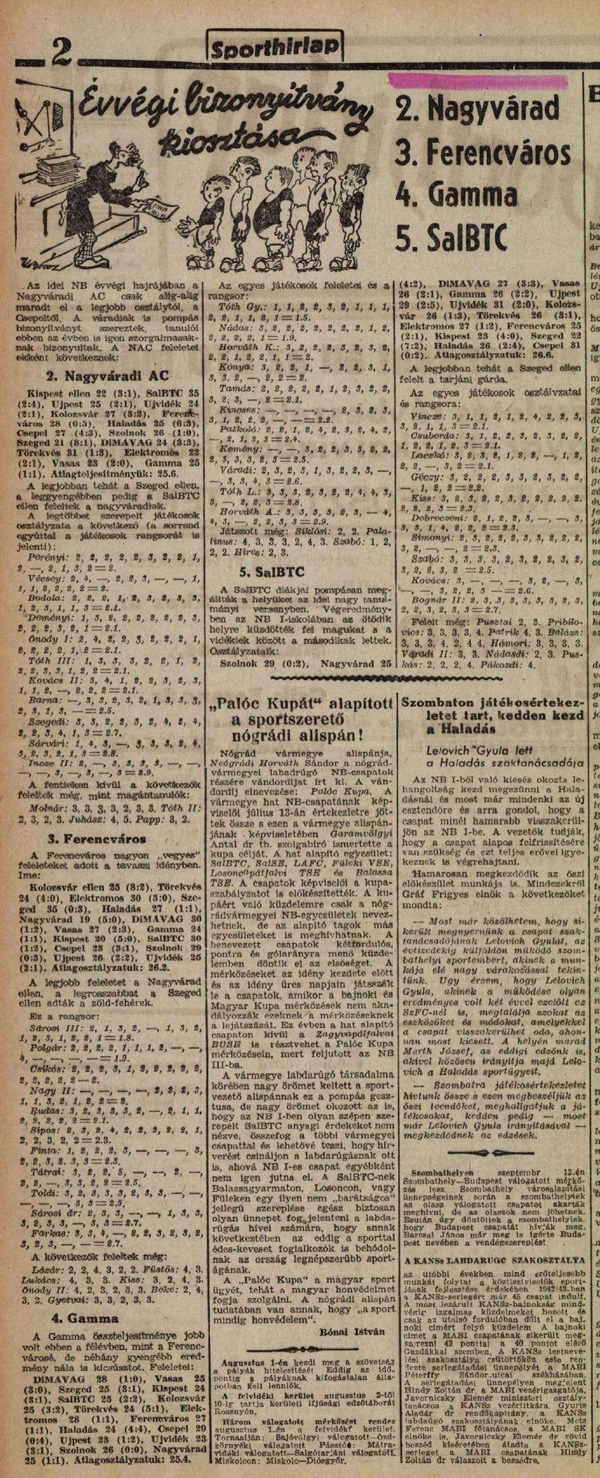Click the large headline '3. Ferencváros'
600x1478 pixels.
click(x=483, y=153)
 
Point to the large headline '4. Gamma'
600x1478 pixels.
click(x=456, y=194)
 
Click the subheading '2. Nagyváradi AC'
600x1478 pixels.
click(x=103, y=377)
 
